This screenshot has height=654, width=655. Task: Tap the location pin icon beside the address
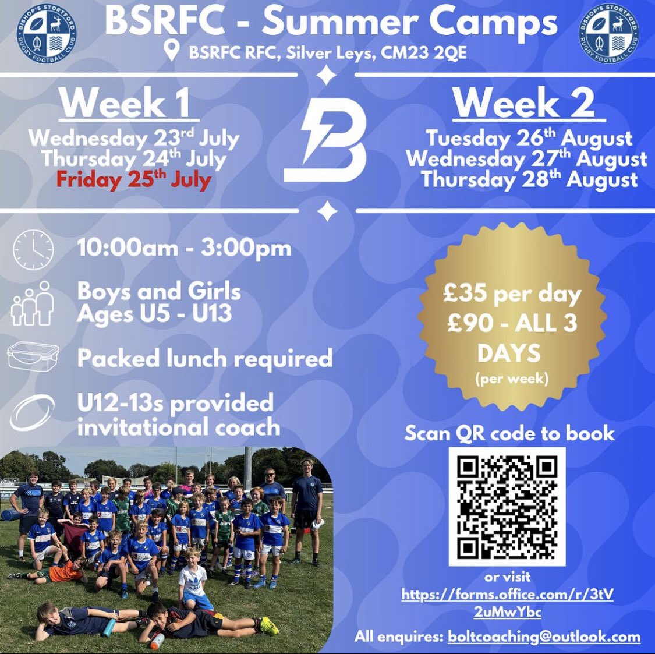pyautogui.click(x=171, y=51)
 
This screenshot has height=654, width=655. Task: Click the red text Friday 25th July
pyautogui.click(x=133, y=179)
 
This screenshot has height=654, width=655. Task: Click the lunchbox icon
pyautogui.click(x=33, y=356)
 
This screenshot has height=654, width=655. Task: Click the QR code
pyautogui.click(x=507, y=507)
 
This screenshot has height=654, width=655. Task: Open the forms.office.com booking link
pyautogui.click(x=507, y=603)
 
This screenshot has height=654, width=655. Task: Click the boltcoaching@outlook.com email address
pyautogui.click(x=544, y=637)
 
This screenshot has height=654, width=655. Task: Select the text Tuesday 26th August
pyautogui.click(x=529, y=139)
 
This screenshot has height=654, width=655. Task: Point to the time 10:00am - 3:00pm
pyautogui.click(x=184, y=249)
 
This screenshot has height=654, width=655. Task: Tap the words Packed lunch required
pyautogui.click(x=204, y=358)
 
